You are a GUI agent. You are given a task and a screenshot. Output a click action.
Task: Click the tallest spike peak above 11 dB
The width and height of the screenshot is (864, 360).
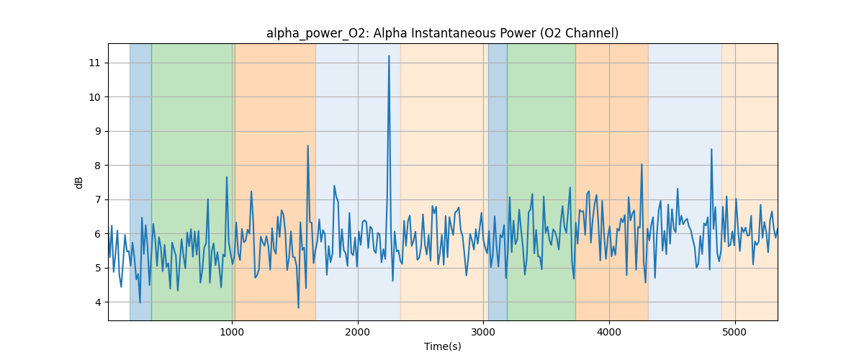pos(389,56)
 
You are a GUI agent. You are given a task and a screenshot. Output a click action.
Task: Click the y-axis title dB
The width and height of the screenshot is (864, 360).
pos(79,182)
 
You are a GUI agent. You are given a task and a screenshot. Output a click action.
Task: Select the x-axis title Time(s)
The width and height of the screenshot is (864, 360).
pos(443,346)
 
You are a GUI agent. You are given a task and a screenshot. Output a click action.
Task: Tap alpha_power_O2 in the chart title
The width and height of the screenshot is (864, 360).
pos(312,33)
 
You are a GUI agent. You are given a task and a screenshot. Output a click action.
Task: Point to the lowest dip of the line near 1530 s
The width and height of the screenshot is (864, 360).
pos(298,307)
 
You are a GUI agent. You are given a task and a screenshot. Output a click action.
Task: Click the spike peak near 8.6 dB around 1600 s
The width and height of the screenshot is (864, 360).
pos(307,146)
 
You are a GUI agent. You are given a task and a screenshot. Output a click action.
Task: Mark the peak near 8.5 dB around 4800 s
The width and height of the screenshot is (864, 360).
pos(711,150)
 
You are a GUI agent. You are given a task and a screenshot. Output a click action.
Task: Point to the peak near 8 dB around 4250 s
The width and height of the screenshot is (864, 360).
pos(642,164)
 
